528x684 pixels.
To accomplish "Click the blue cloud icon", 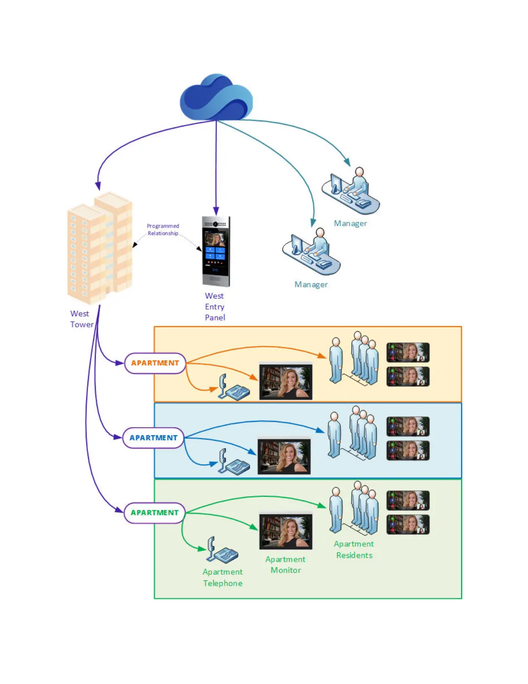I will (x=216, y=98).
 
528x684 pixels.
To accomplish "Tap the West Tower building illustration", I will (x=100, y=248).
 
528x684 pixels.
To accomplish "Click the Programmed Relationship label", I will (x=163, y=230).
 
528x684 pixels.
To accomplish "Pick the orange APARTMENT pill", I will (x=155, y=363).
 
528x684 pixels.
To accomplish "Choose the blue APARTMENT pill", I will (x=154, y=438).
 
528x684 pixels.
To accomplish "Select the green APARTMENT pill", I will (x=154, y=513).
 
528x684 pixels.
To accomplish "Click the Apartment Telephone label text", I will (x=223, y=577).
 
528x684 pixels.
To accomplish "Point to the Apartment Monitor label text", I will (x=286, y=565).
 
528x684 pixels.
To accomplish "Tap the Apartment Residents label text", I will (x=354, y=550).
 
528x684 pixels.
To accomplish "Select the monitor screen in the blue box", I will (x=284, y=456).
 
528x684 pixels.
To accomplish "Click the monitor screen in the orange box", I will (x=286, y=382).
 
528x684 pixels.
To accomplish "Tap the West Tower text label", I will (x=82, y=319).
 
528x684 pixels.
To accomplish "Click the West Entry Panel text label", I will (x=215, y=307).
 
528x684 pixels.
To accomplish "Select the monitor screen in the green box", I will (x=286, y=531).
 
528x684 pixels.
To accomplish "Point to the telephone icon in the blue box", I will (x=233, y=462).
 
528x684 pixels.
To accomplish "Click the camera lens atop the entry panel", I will (x=215, y=224).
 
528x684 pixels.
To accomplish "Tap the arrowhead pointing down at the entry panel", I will (x=216, y=212).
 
